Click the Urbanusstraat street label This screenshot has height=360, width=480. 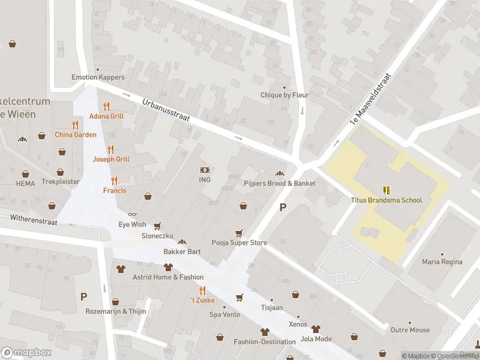(166, 112)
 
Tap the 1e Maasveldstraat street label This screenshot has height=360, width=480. (371, 100)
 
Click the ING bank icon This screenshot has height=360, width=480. (205, 170)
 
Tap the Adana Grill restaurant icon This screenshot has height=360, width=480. (107, 106)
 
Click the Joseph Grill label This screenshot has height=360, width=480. (111, 159)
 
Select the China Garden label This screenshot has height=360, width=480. (76, 134)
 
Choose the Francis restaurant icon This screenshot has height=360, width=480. (114, 181)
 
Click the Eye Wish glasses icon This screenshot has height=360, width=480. (133, 214)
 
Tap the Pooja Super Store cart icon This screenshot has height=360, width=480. (239, 233)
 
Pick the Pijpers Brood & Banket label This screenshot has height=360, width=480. (280, 183)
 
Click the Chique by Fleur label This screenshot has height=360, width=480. (284, 95)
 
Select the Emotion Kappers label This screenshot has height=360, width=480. (98, 77)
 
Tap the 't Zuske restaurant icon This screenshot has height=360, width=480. (203, 290)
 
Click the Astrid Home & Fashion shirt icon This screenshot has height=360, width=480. (169, 267)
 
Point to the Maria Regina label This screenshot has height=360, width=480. (442, 262)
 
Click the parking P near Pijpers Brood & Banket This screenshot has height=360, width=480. (283, 208)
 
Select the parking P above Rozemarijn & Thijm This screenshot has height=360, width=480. (84, 296)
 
